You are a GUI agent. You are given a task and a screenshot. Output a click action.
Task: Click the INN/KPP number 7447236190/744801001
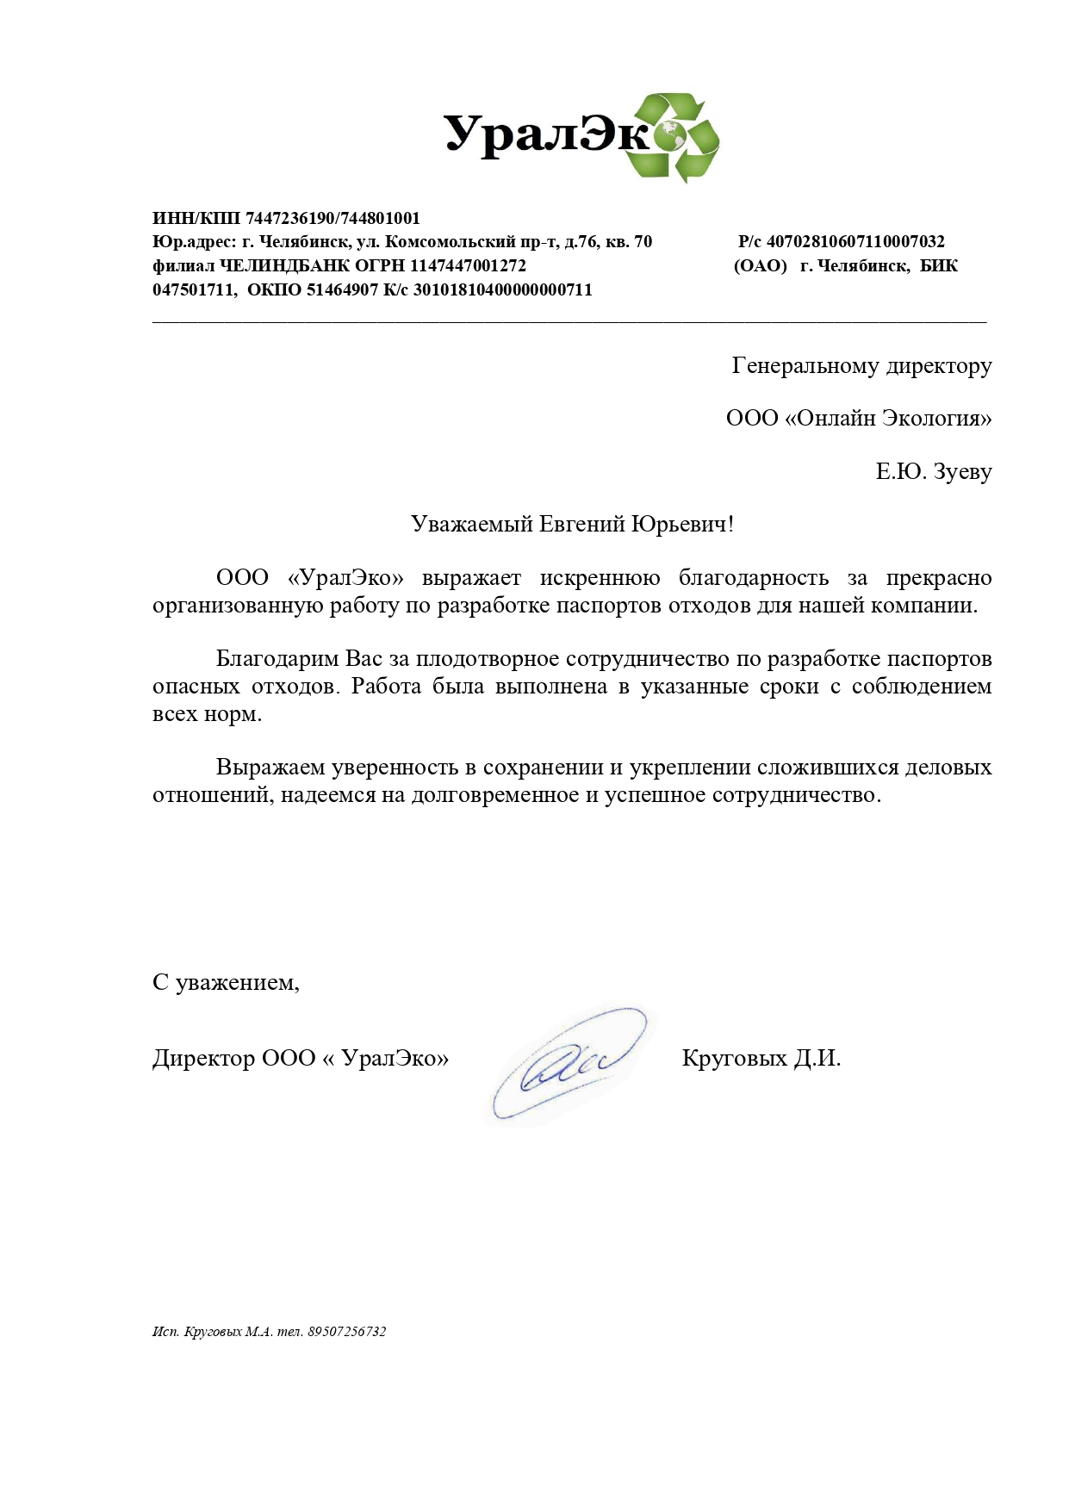[333, 219]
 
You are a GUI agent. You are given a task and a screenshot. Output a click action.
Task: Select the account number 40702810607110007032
[855, 242]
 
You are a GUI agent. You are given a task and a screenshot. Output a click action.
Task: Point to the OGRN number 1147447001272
[468, 266]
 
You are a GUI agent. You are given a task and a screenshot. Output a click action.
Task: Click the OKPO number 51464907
[343, 290]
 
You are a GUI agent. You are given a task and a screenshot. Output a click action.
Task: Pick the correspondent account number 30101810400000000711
[503, 290]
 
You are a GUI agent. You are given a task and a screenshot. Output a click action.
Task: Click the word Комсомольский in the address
[450, 242]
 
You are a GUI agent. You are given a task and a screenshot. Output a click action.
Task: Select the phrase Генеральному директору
[861, 366]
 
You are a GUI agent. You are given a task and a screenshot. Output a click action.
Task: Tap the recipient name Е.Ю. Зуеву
[934, 472]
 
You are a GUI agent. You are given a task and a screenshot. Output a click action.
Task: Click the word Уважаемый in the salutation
[471, 525]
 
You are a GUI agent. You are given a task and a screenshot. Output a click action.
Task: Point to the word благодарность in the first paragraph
[753, 578]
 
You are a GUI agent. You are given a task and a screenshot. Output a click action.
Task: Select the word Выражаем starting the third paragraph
[270, 768]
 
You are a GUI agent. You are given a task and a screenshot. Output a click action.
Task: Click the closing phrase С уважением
[226, 983]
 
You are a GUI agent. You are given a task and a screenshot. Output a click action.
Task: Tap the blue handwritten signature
[568, 1065]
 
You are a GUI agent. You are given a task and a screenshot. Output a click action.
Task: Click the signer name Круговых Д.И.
[761, 1059]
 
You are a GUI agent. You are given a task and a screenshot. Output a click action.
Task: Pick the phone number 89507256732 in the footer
[347, 1332]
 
